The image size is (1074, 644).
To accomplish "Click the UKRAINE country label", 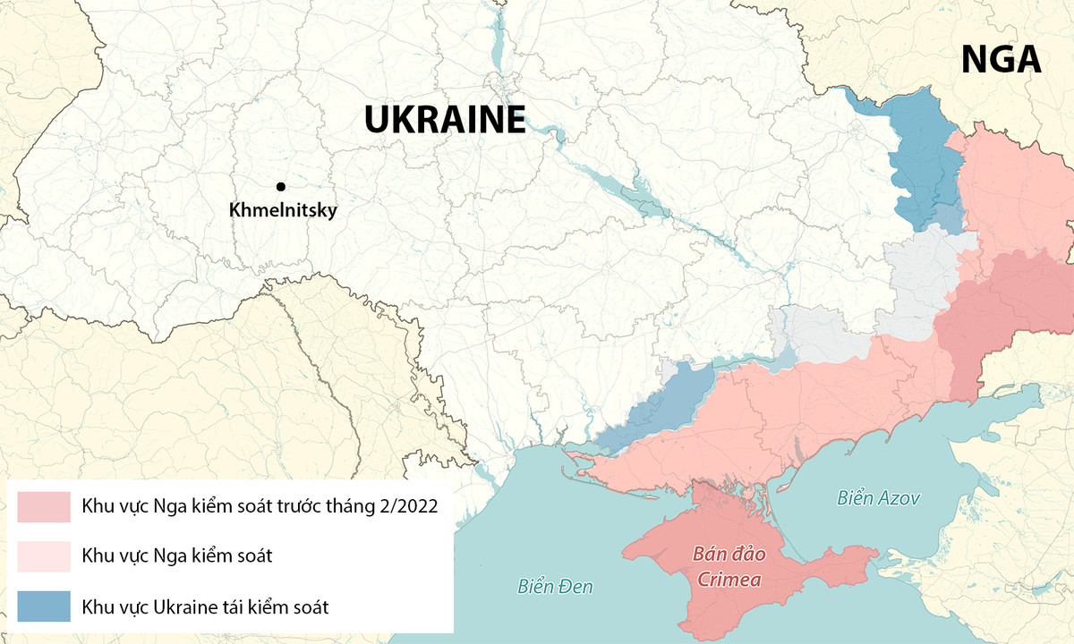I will (444, 120).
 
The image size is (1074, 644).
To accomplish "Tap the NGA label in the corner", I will (1001, 59).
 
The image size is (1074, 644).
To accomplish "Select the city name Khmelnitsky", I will (282, 211).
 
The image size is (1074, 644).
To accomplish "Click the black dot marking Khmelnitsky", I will (281, 186).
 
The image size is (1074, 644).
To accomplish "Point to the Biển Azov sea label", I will (878, 498).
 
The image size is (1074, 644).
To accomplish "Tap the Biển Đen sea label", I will (555, 587).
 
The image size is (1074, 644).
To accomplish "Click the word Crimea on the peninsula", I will (725, 580).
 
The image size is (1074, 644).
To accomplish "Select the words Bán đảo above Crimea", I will (725, 554).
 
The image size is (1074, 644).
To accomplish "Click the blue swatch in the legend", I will (43, 606).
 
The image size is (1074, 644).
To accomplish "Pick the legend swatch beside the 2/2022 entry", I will (43, 506).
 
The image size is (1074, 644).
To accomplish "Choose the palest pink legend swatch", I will (43, 556).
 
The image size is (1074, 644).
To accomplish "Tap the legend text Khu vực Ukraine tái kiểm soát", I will (205, 606).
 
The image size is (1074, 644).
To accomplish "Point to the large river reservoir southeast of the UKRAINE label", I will (635, 193).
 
